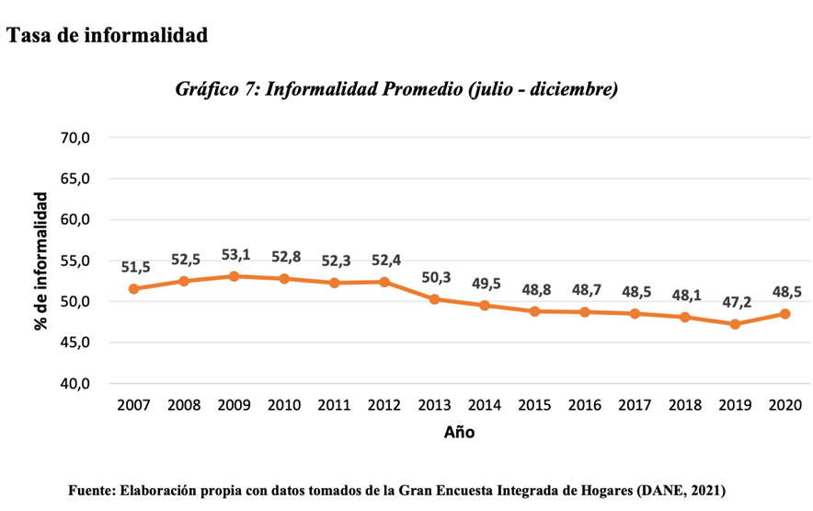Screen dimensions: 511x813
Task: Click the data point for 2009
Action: (x=234, y=276)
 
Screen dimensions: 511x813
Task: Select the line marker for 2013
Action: (x=434, y=299)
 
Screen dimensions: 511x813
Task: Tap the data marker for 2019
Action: (x=734, y=324)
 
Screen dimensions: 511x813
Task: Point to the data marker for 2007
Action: (x=133, y=289)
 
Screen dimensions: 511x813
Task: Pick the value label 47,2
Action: (x=735, y=302)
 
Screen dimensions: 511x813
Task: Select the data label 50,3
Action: (x=434, y=277)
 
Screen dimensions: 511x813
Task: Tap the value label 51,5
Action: (x=135, y=267)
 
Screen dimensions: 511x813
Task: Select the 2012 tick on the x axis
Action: (x=384, y=406)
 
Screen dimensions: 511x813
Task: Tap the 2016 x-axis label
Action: (x=584, y=406)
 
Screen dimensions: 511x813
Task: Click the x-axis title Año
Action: (x=459, y=432)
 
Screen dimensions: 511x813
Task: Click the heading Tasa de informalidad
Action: (x=107, y=36)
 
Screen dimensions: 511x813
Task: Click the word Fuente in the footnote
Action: (x=91, y=491)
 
